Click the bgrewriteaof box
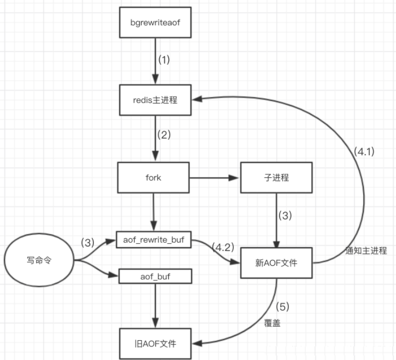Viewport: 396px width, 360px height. [155, 23]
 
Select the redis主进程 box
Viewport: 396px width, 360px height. [155, 100]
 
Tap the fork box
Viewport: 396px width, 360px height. [153, 178]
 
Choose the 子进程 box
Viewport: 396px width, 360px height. [276, 178]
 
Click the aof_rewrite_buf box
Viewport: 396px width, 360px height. [154, 240]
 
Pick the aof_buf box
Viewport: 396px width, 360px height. [155, 276]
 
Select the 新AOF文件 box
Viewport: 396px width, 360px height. [276, 263]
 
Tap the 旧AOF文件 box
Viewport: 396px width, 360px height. [155, 344]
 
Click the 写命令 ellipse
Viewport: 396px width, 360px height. [39, 260]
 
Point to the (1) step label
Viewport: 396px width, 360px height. [164, 60]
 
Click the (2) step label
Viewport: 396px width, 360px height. [164, 135]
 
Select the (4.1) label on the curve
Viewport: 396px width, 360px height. [364, 151]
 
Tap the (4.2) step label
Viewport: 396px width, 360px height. [223, 247]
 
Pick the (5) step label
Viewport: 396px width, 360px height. [282, 307]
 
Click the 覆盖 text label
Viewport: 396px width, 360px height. [272, 323]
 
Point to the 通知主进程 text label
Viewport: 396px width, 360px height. [366, 251]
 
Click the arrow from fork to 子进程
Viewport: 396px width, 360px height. [214, 178]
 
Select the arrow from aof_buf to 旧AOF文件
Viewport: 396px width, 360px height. [155, 306]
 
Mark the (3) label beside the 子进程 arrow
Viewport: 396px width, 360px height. [285, 216]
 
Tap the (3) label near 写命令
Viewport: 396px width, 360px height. [88, 243]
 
